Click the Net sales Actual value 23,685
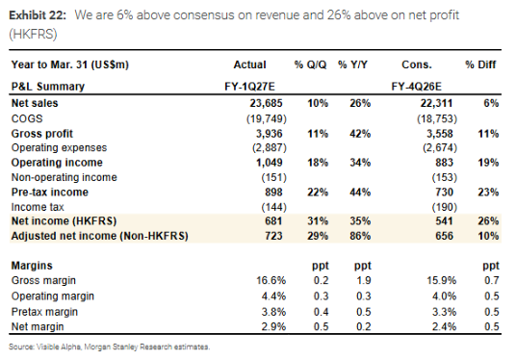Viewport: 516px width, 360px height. point(266,103)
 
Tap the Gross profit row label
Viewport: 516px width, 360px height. point(41,134)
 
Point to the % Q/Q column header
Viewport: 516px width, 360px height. point(310,64)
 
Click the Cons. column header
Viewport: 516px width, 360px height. point(416,64)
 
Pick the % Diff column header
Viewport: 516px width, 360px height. point(480,64)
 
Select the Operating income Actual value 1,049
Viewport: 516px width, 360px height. point(270,163)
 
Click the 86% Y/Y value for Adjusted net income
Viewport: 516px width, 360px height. point(360,236)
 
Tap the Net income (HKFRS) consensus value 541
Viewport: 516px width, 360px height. point(444,220)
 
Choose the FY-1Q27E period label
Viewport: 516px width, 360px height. point(249,87)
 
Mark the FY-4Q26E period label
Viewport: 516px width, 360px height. point(416,87)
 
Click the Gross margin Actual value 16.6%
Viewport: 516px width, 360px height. point(271,280)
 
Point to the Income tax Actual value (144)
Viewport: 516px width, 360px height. point(273,207)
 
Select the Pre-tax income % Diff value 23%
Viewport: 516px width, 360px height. point(488,193)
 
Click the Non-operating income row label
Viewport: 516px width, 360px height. point(64,177)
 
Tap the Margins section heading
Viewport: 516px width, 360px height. point(32,266)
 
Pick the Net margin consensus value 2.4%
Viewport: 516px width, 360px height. point(444,326)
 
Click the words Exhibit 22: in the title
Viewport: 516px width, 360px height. point(38,15)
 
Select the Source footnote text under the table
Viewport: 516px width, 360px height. point(109,347)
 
